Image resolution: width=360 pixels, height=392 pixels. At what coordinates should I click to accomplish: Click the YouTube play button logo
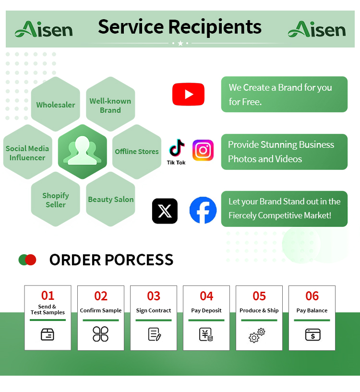tap(188, 94)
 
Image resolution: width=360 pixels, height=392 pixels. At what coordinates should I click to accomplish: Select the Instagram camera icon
tap(203, 150)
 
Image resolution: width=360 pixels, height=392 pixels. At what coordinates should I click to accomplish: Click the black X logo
tap(165, 211)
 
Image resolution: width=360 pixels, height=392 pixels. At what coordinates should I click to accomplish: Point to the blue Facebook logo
tap(203, 210)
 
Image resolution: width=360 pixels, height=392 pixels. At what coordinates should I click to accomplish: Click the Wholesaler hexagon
tap(56, 104)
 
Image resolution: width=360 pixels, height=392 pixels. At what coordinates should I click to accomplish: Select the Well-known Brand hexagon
tap(110, 104)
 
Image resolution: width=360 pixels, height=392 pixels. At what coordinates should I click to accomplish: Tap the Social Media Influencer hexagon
tap(27, 152)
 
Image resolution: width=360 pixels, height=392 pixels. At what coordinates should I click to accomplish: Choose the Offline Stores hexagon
tap(137, 152)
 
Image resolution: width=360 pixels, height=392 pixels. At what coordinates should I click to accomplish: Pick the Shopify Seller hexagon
tap(56, 199)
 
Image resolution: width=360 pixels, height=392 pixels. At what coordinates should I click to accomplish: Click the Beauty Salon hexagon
tap(110, 199)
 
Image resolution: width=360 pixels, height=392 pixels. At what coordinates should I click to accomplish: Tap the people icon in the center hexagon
tap(82, 151)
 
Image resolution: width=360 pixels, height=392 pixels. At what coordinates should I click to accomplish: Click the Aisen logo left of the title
tap(44, 29)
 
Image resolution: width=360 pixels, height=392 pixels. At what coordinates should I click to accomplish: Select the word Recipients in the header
tap(215, 27)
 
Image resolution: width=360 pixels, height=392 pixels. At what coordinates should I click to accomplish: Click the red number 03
tap(153, 296)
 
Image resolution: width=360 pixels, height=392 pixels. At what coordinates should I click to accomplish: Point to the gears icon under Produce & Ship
tap(257, 335)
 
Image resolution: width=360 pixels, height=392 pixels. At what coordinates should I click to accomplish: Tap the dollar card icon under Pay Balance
tap(312, 334)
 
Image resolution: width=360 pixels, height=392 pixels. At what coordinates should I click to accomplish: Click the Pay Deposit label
tap(206, 310)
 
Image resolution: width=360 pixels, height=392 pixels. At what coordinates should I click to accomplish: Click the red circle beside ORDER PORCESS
tap(31, 260)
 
